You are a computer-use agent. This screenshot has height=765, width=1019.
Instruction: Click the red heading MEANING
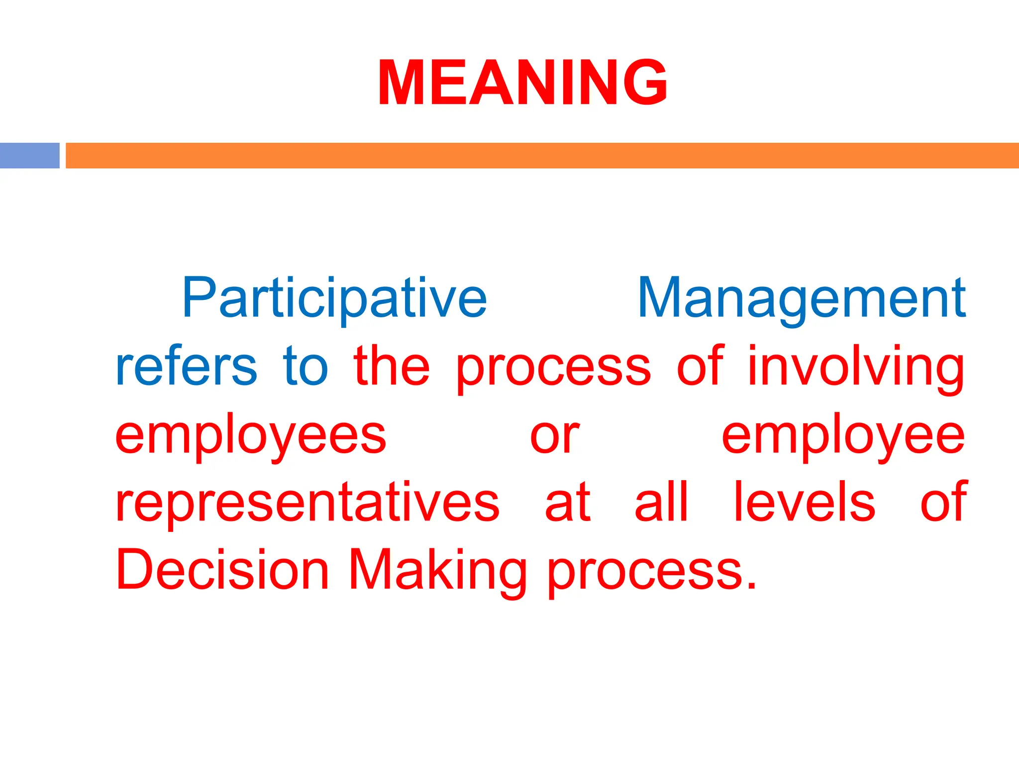click(522, 83)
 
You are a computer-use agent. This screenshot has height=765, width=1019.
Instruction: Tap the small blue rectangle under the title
click(30, 155)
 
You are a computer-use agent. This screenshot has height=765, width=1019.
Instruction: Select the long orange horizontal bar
click(542, 155)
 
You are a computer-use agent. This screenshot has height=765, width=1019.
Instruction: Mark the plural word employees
click(251, 436)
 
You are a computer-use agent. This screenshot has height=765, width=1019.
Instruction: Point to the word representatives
click(307, 503)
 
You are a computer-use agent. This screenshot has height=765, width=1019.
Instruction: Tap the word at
click(568, 503)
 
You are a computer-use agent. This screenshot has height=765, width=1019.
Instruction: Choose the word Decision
click(222, 570)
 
